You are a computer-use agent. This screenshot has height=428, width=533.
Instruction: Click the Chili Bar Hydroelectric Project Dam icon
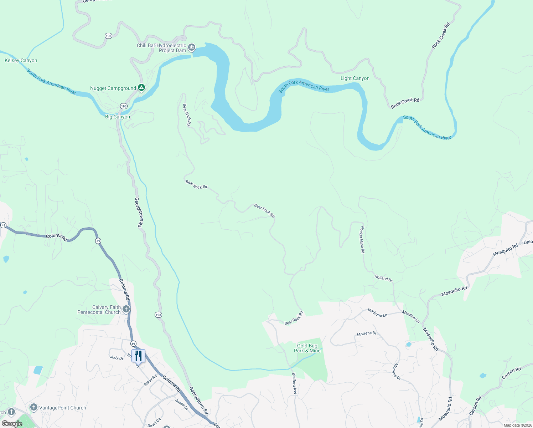click(x=192, y=47)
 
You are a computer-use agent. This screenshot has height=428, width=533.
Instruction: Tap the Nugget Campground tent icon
click(x=141, y=87)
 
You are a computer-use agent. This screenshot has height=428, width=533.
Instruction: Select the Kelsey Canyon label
click(x=21, y=61)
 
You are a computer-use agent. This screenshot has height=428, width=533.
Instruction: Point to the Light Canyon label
click(x=355, y=78)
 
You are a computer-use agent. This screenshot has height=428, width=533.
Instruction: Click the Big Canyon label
click(x=118, y=117)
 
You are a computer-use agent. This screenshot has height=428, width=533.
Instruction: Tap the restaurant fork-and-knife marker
click(x=138, y=356)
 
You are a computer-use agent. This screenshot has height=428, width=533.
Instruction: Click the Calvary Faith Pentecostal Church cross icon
click(x=126, y=309)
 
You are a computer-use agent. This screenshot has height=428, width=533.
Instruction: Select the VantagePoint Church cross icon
click(x=34, y=407)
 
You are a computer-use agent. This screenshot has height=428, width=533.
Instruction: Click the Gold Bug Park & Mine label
click(x=307, y=348)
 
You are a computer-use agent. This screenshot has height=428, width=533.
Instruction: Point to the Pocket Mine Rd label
click(x=362, y=239)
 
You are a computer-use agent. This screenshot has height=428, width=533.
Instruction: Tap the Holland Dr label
click(x=383, y=279)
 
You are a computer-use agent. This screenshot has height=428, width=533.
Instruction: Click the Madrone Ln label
click(x=377, y=313)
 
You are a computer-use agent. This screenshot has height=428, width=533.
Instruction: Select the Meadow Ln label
click(x=411, y=316)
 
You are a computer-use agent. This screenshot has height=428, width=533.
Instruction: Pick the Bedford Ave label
click(x=294, y=383)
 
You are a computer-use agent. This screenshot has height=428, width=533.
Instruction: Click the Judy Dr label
click(x=117, y=357)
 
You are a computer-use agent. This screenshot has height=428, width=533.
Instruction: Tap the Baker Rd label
click(x=150, y=380)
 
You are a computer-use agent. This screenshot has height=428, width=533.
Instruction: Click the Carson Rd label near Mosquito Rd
click(x=511, y=373)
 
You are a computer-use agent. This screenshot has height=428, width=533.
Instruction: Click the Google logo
click(x=12, y=424)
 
